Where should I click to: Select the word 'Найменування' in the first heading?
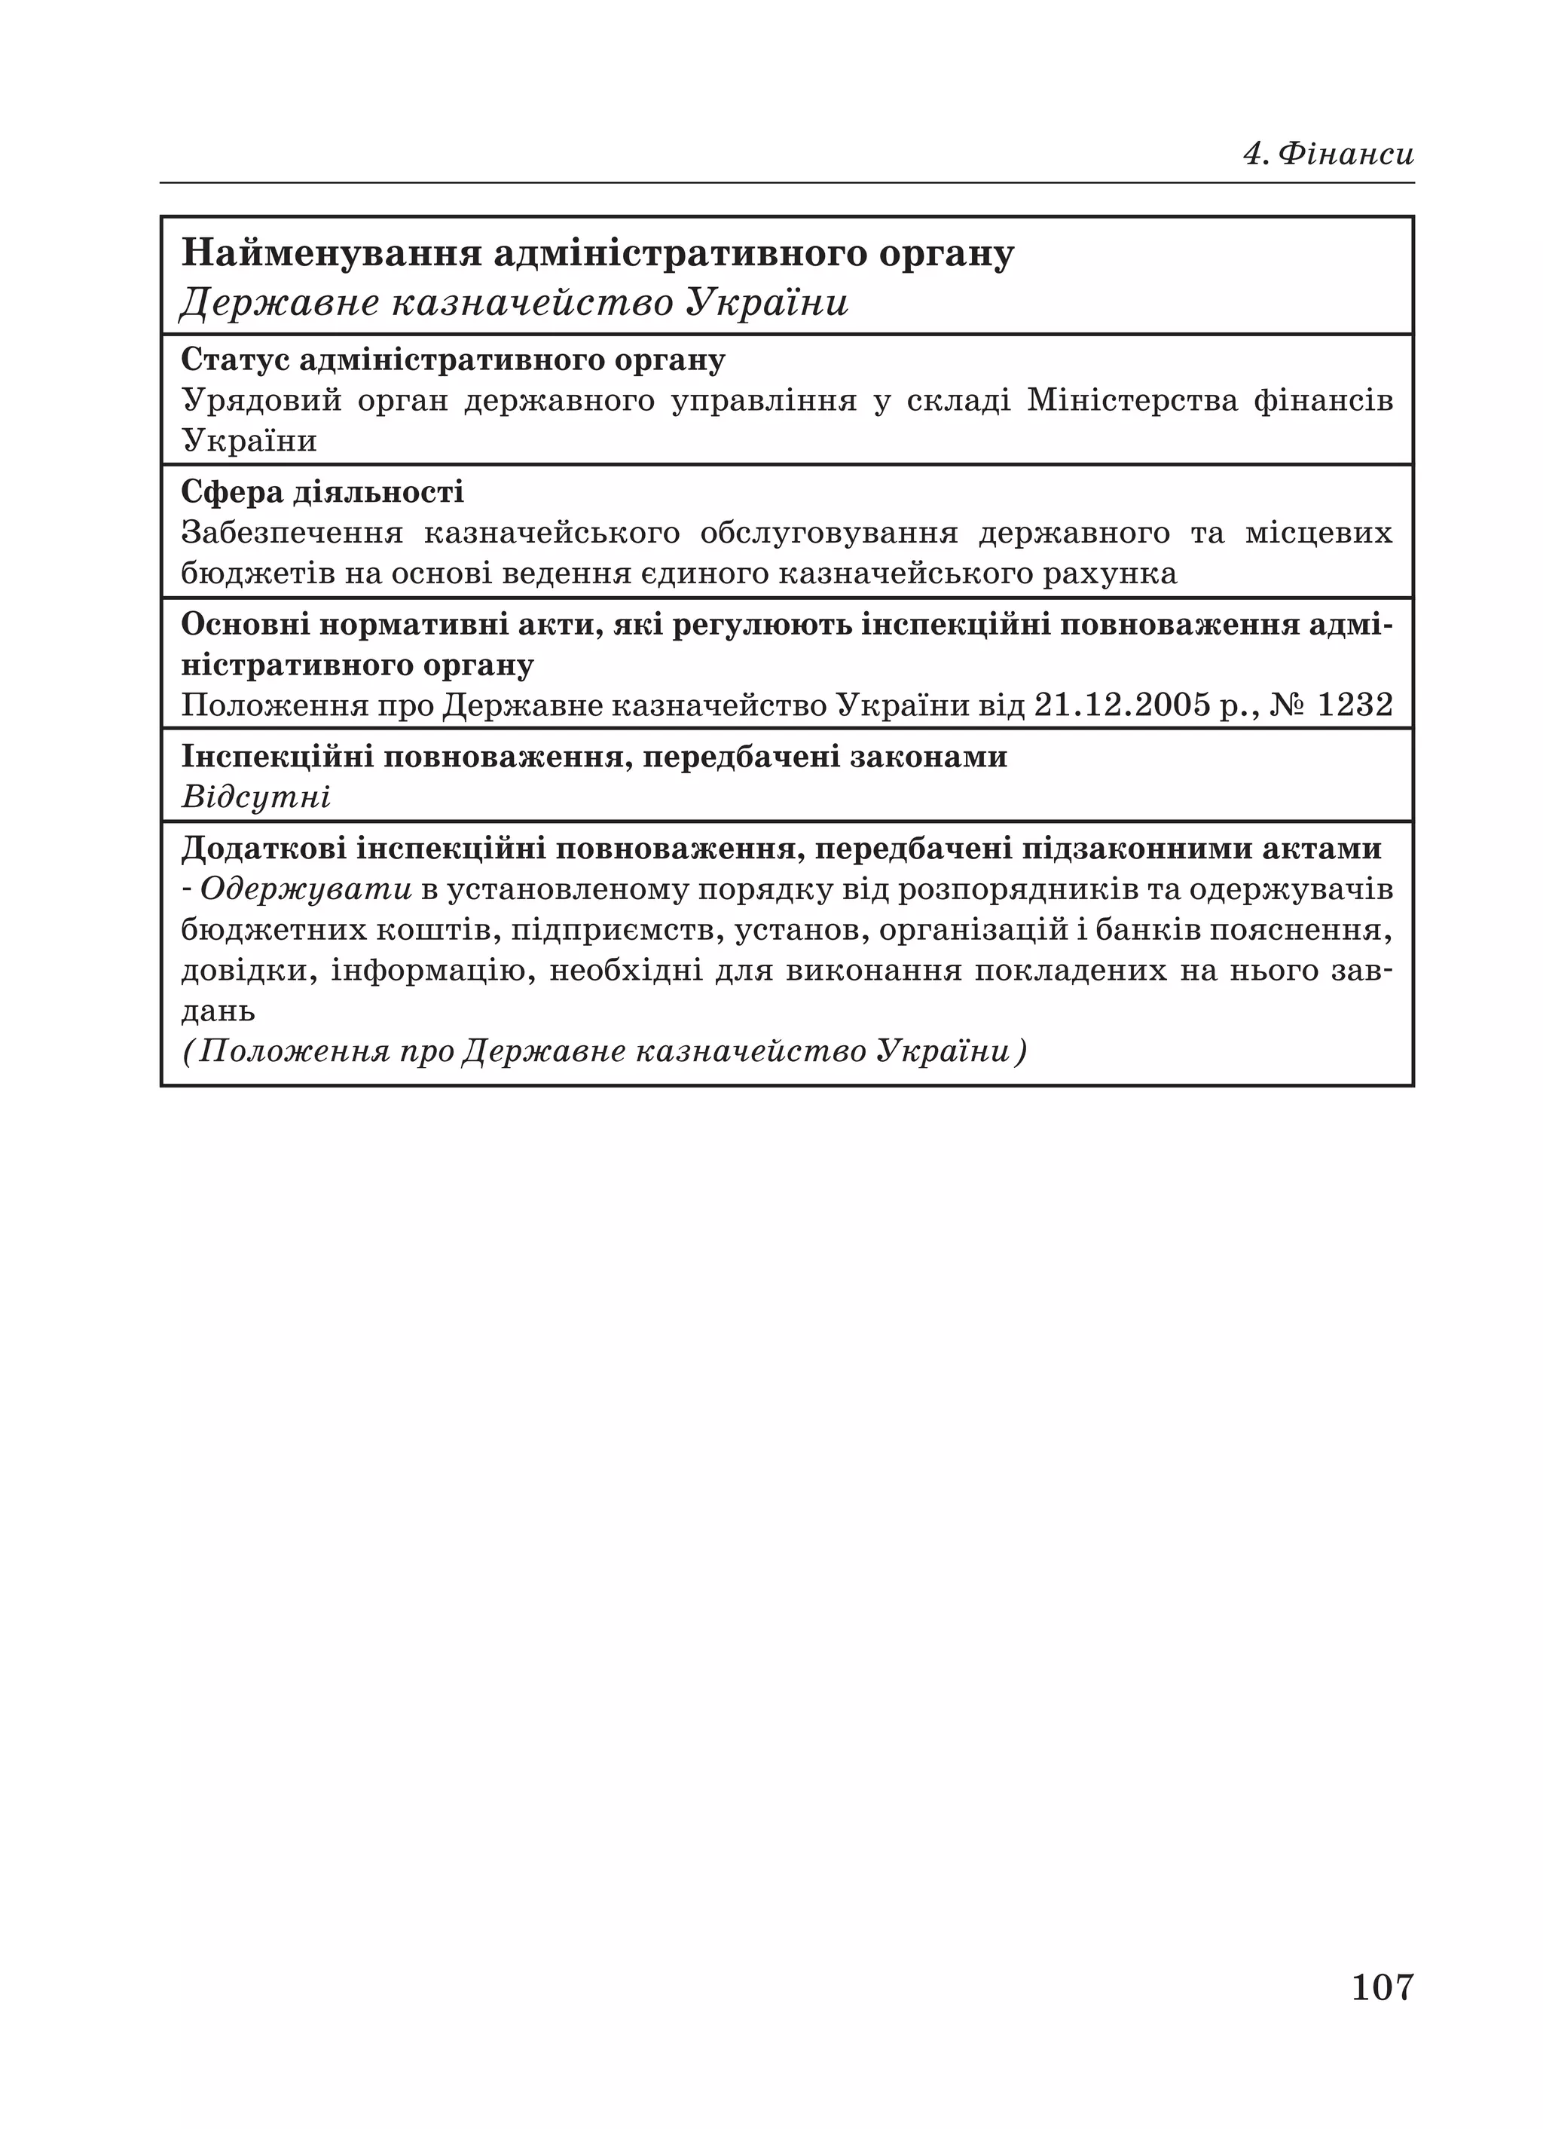click(x=331, y=255)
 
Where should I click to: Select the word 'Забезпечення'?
click(x=292, y=533)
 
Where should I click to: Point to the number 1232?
click(x=1355, y=705)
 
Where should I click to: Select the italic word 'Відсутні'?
click(x=255, y=798)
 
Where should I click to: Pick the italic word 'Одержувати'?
click(x=306, y=889)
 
